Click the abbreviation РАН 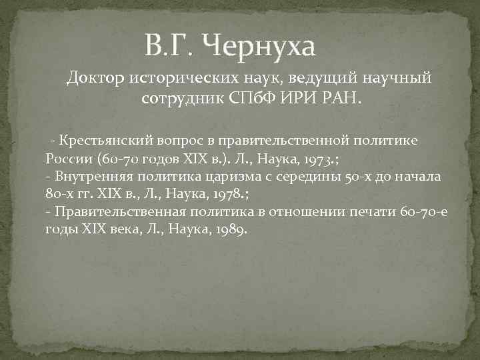(341, 99)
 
